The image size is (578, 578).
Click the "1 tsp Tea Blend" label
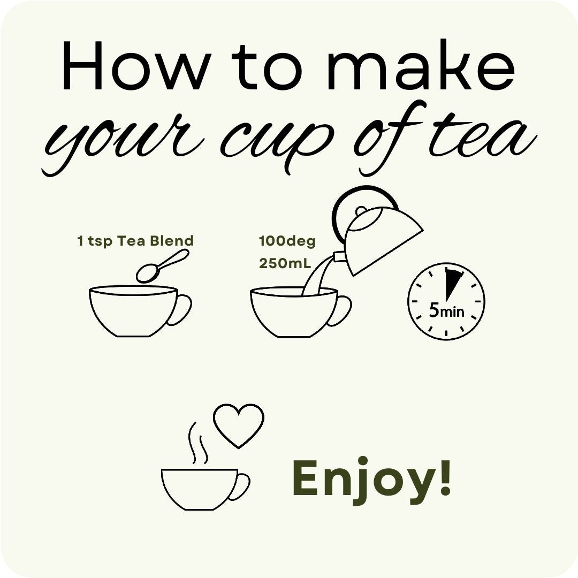[x=135, y=241]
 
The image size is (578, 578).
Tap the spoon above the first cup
[x=162, y=266]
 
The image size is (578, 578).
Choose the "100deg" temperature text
[x=287, y=241]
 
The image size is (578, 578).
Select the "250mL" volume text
[x=285, y=263]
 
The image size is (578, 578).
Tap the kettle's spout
[x=340, y=256]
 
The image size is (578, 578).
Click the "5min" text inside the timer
[x=446, y=311]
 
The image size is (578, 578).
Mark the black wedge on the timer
[x=451, y=282]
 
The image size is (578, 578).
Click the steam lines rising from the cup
[x=197, y=443]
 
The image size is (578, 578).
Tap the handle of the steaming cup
[x=241, y=486]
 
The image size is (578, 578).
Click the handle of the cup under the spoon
[x=180, y=310]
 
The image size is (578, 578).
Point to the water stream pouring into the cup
[x=313, y=277]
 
